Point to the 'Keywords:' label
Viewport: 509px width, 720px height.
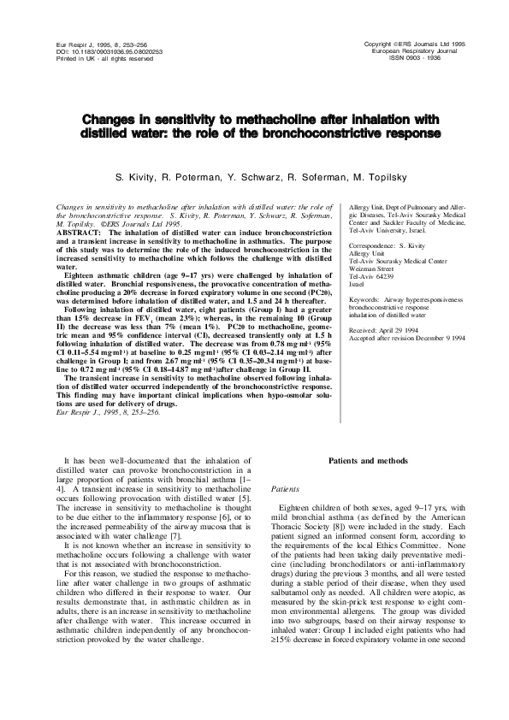point(366,301)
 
